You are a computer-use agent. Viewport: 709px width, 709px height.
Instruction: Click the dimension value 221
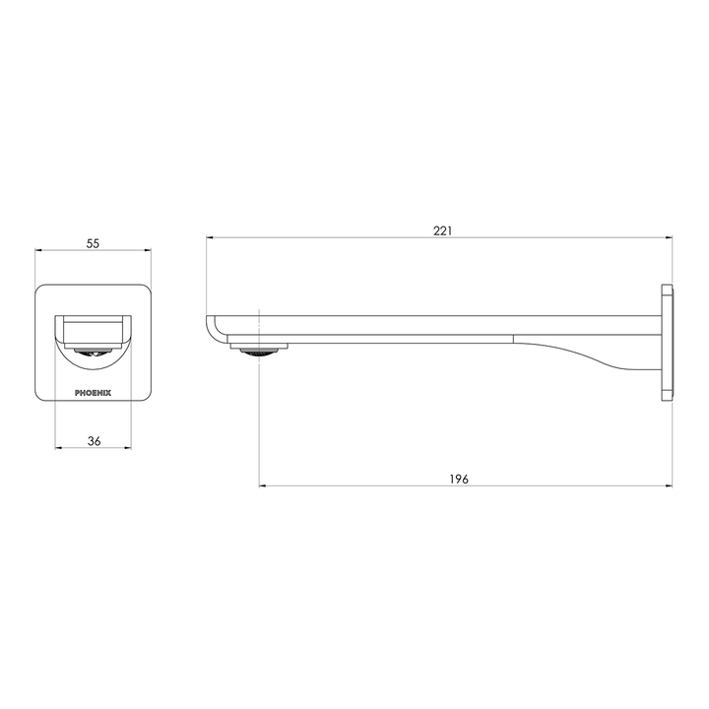coord(442,230)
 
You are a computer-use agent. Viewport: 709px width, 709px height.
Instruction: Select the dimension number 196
coord(459,479)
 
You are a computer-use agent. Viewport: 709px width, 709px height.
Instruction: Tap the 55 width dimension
coord(94,242)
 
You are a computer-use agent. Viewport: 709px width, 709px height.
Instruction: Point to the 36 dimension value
coord(94,442)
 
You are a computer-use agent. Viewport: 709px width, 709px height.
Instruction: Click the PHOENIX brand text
coord(94,391)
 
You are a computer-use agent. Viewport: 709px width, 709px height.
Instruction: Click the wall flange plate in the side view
coord(668,343)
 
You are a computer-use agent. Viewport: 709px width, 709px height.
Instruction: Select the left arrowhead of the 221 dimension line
coord(210,238)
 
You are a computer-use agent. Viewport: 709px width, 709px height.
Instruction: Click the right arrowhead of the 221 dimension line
coord(669,238)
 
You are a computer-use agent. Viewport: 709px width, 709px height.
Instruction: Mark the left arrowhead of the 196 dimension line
coord(263,486)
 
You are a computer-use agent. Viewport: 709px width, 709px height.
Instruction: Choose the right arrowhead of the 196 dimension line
coord(669,486)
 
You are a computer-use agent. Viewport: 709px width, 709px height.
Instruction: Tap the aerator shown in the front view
coord(94,353)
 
